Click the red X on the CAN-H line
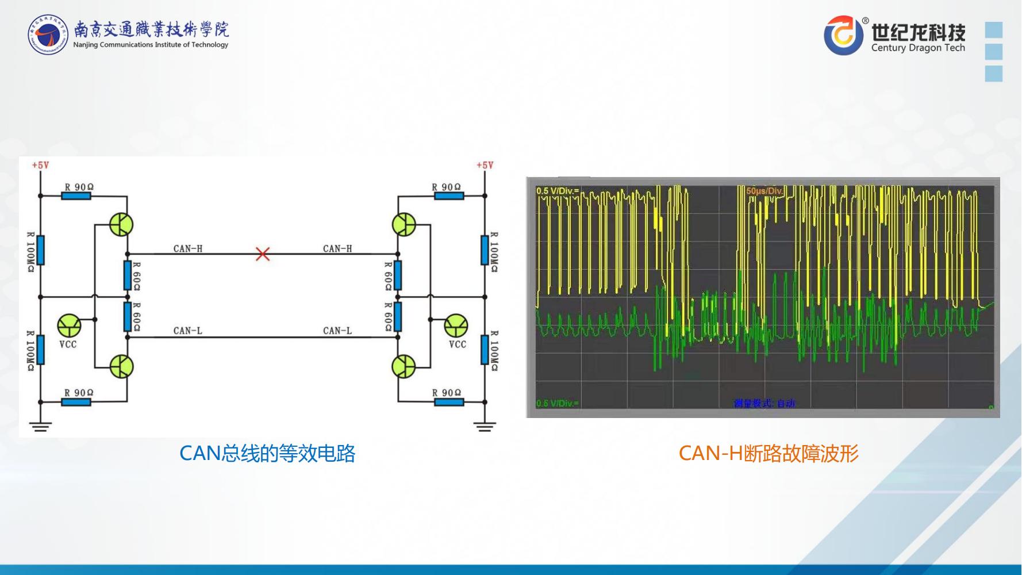263,254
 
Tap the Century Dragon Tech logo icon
843,35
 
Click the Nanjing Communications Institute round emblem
48,35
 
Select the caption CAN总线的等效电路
267,454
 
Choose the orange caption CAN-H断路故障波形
769,454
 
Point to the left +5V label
40,165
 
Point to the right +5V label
485,165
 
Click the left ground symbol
40,426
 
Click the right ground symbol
485,426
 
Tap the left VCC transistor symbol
70,325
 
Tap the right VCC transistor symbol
456,326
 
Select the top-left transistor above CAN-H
121,224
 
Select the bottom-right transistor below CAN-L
404,366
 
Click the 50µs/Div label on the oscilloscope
764,191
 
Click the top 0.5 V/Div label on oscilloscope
558,191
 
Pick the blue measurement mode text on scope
764,403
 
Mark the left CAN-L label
188,331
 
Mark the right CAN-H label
337,248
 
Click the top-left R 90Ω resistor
76,195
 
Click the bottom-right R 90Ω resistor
449,401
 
